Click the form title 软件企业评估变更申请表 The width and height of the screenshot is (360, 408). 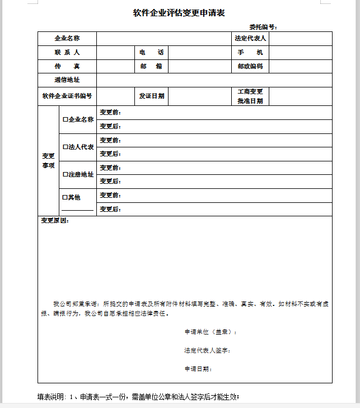coord(179,13)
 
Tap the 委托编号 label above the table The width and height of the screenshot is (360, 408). coord(263,26)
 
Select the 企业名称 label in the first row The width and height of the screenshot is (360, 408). coord(67,39)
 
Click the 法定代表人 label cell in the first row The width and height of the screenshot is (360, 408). coord(250,39)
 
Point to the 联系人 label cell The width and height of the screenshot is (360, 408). coord(67,53)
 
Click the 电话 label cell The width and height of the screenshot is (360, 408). coord(151,53)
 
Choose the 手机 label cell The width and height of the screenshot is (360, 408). coord(250,53)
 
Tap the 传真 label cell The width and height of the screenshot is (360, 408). coord(67,67)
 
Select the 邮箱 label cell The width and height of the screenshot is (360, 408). coord(151,67)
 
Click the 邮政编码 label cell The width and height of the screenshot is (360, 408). coord(250,67)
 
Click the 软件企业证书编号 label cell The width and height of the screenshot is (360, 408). coord(67,96)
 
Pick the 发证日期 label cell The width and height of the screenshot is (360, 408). coord(151,96)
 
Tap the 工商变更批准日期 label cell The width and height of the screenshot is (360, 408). coord(250,96)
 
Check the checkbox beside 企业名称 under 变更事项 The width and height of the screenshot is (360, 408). coord(65,119)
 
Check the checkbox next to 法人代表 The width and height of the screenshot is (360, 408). coord(65,147)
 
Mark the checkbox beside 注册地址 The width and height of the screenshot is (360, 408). coord(65,174)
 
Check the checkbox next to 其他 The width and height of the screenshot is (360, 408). coord(65,197)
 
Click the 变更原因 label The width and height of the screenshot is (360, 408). coord(55,221)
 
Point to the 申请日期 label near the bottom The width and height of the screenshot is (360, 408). coord(198,369)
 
